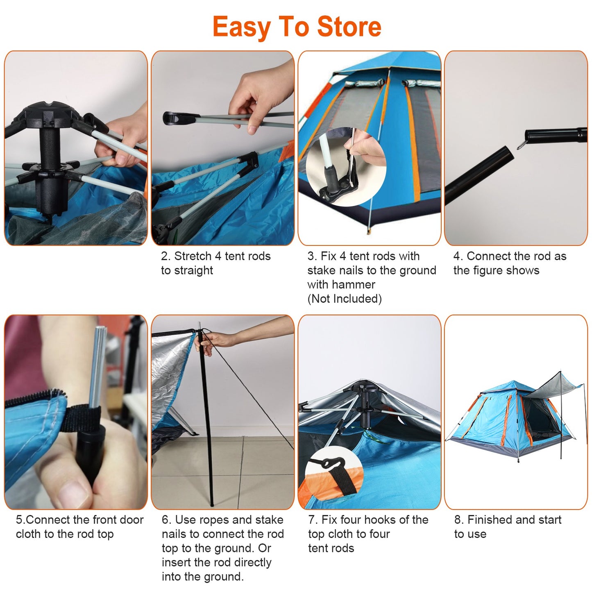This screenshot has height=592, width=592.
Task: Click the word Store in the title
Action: tap(349, 27)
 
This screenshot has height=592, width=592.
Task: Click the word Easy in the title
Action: tap(241, 27)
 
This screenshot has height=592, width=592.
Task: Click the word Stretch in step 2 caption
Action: tap(193, 256)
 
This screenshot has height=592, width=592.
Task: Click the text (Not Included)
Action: tap(344, 299)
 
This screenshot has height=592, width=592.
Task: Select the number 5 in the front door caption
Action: tap(19, 520)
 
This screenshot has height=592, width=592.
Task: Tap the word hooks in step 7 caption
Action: tap(381, 520)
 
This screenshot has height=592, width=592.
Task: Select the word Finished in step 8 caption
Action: tap(490, 520)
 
